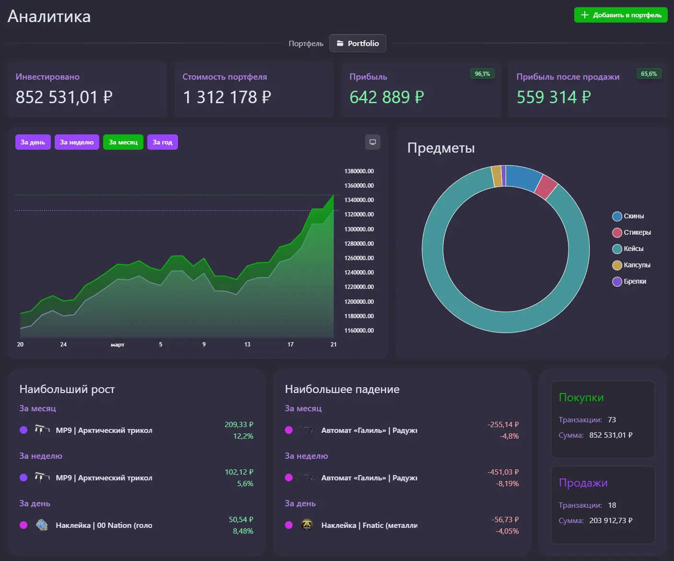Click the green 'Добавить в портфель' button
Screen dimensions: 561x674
click(621, 15)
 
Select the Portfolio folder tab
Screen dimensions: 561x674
click(357, 43)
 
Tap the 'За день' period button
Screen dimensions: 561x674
click(33, 142)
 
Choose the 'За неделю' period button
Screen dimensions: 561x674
click(77, 142)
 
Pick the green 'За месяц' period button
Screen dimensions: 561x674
click(123, 142)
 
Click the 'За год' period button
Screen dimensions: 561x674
click(162, 142)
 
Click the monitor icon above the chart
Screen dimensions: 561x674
click(372, 142)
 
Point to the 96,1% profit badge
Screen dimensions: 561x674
click(482, 74)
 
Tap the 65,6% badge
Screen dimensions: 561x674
click(649, 74)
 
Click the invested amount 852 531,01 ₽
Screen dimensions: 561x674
click(64, 97)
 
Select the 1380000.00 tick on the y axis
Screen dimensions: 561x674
click(359, 171)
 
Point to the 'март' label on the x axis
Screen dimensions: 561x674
click(118, 345)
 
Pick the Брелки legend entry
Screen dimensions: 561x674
click(629, 281)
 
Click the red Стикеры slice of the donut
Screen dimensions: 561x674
click(546, 187)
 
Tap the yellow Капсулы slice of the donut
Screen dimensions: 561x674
click(497, 176)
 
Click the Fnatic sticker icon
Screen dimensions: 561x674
click(307, 525)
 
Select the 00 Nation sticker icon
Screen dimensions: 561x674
click(42, 525)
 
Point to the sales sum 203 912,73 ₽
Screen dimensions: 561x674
click(611, 521)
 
